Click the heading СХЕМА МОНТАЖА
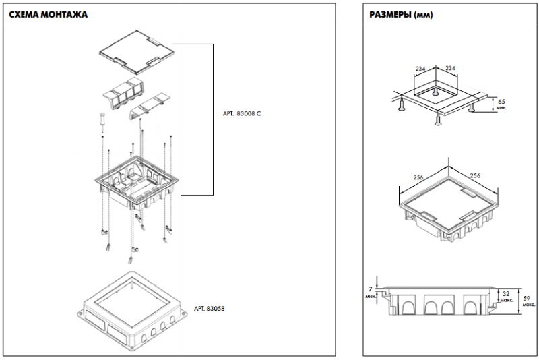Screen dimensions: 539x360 [48, 14]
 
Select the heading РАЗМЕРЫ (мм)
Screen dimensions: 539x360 [401, 14]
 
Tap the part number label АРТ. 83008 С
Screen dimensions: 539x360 [242, 113]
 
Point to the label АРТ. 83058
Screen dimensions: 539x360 [209, 308]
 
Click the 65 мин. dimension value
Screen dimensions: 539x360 [501, 104]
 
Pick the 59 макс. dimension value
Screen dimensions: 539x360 [529, 301]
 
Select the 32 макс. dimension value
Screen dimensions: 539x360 [507, 297]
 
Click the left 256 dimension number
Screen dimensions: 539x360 [418, 177]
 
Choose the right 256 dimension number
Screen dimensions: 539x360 [475, 175]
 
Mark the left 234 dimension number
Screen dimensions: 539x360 [420, 69]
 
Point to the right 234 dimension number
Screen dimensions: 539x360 [450, 68]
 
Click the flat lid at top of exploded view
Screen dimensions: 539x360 [137, 52]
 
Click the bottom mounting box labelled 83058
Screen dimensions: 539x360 [132, 311]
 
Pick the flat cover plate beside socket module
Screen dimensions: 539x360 [150, 107]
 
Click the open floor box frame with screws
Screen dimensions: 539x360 [137, 182]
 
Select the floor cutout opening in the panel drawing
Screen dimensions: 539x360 [435, 90]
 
